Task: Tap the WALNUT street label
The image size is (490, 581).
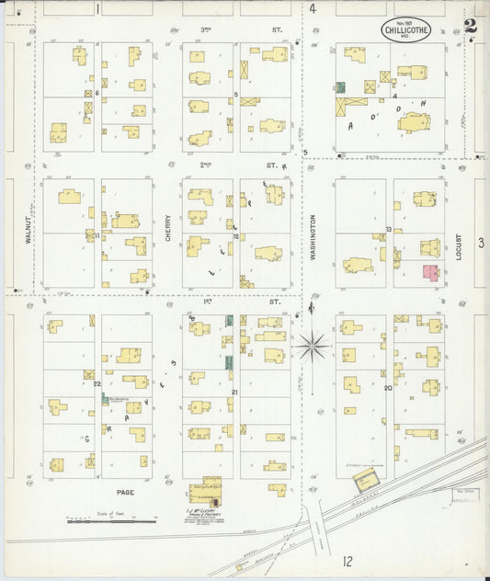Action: [29, 223]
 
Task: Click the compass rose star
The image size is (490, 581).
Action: [313, 347]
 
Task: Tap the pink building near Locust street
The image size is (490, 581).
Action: [429, 272]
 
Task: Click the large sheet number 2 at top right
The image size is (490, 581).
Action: [471, 26]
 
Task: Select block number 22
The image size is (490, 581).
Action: [97, 383]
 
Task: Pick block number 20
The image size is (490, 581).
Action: [388, 388]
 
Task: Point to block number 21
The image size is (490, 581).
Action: [235, 393]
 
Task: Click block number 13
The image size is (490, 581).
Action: [389, 228]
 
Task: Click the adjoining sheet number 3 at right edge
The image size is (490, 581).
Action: [481, 243]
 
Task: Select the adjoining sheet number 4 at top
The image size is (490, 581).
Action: [313, 8]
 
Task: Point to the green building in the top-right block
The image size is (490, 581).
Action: [340, 87]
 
